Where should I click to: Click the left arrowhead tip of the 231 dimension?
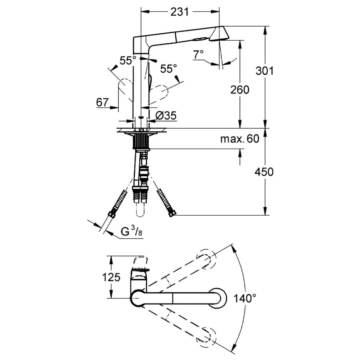click(141, 11)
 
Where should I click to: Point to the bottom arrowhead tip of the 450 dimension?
click(266, 215)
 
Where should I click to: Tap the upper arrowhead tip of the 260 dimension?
click(240, 40)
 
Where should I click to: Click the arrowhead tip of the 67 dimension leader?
click(119, 107)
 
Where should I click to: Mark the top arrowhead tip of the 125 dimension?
click(111, 256)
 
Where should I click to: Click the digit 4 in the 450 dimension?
click(258, 172)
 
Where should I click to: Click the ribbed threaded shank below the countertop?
click(141, 141)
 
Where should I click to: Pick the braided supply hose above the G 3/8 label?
click(118, 202)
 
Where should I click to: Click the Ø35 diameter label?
click(166, 116)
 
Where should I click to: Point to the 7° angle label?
click(198, 54)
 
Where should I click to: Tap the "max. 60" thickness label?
click(240, 139)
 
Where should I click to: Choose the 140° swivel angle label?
click(245, 298)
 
